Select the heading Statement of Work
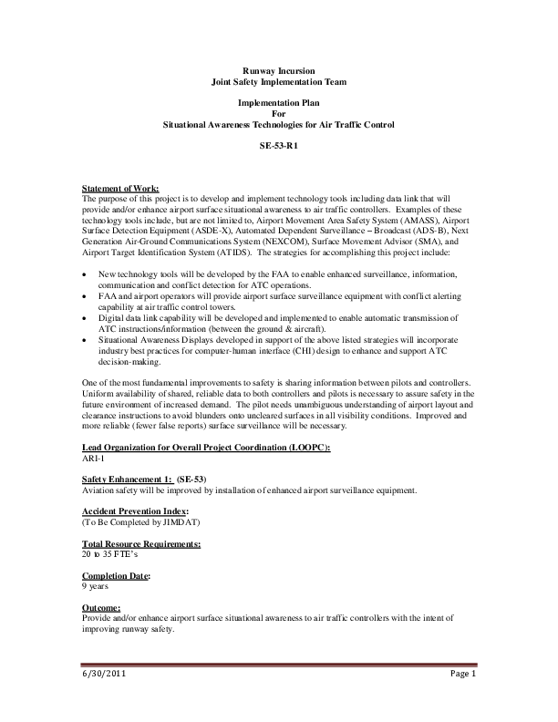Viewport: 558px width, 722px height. pyautogui.click(x=120, y=189)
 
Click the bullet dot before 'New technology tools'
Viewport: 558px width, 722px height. pyautogui.click(x=85, y=274)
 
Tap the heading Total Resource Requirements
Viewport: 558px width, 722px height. pyautogui.click(x=141, y=543)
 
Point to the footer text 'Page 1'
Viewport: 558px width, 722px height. pyautogui.click(x=462, y=675)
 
